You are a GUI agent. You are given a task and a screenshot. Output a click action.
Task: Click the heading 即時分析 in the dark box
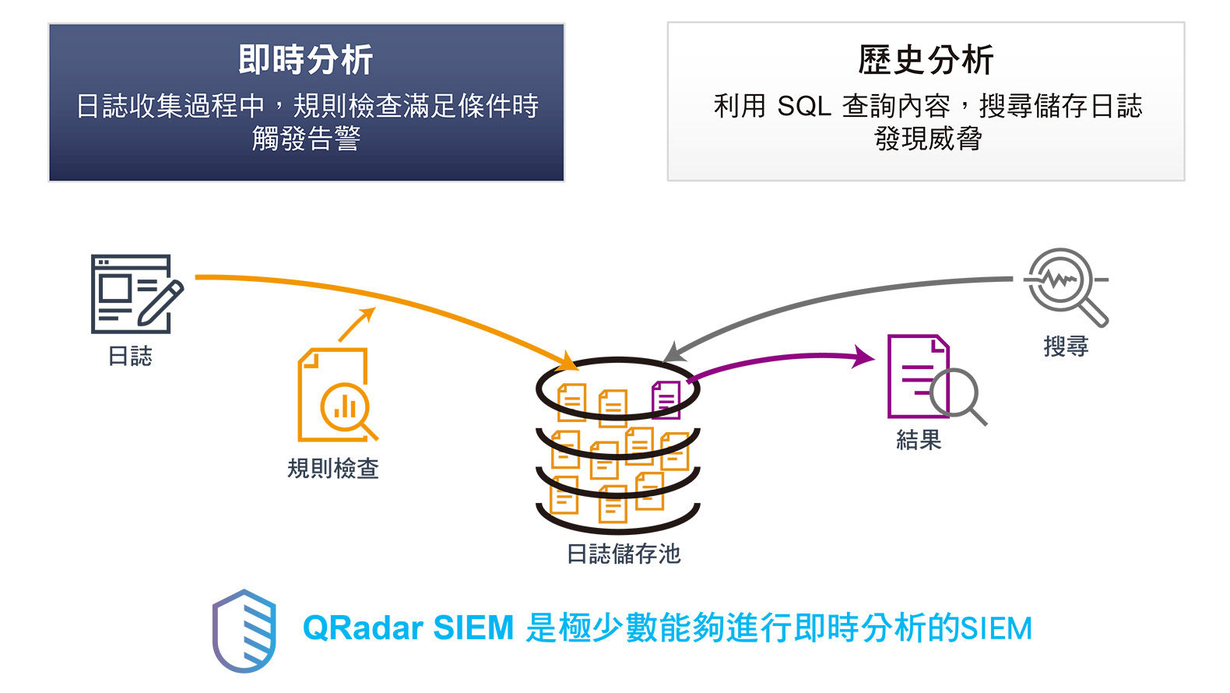(x=306, y=60)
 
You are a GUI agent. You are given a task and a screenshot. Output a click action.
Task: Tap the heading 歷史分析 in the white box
(x=926, y=60)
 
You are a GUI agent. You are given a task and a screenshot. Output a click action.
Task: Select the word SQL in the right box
(x=803, y=106)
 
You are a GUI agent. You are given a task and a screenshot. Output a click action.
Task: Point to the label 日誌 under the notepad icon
(x=130, y=356)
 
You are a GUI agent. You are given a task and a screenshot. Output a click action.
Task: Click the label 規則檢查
(x=332, y=468)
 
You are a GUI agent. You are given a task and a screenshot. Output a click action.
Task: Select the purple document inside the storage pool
(x=666, y=399)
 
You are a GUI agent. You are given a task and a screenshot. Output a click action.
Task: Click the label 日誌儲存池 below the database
(x=623, y=554)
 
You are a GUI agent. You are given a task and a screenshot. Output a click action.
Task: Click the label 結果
(x=919, y=440)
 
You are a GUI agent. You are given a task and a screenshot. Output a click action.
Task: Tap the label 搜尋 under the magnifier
(x=1066, y=346)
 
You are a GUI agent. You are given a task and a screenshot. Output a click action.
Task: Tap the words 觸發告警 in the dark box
(x=306, y=139)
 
